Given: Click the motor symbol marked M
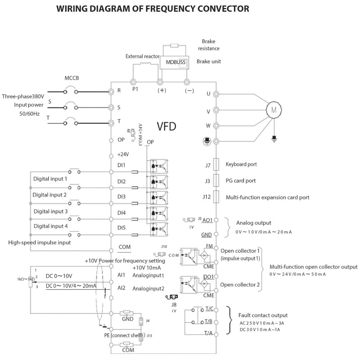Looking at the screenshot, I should [273, 109].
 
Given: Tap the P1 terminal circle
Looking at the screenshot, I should [134, 82].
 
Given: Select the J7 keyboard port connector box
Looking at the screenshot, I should [216, 165].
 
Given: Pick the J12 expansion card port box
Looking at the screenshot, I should [216, 197].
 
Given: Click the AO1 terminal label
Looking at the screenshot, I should [207, 220].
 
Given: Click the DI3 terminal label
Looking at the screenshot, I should [121, 197].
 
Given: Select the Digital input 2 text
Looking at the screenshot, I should [49, 195].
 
